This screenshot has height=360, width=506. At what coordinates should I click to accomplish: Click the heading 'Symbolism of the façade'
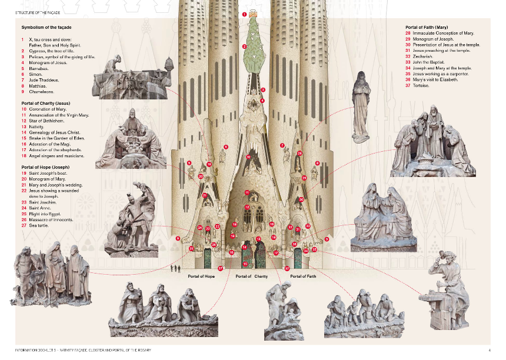pos(48,27)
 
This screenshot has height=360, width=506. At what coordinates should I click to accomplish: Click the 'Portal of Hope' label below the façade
pos(201,276)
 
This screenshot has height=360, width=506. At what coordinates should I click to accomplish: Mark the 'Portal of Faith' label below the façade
pos(304,276)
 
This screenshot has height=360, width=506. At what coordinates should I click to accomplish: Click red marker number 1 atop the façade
pos(245,13)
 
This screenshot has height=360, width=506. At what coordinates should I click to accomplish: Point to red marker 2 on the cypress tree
pos(244,46)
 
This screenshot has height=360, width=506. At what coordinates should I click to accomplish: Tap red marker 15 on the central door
pos(245,264)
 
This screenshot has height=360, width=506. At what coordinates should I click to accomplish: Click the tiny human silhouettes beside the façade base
pos(174,268)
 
